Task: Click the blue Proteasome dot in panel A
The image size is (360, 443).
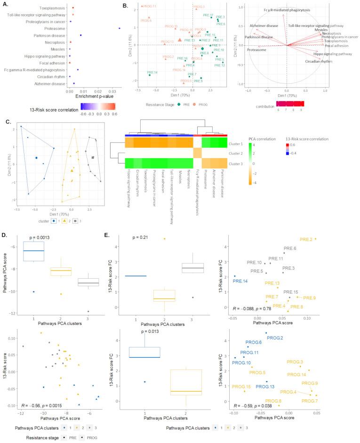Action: click(120, 28)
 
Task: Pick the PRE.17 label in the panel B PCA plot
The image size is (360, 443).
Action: click(208, 15)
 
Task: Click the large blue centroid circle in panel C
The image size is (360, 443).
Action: click(36, 158)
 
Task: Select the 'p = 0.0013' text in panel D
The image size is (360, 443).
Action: click(41, 238)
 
